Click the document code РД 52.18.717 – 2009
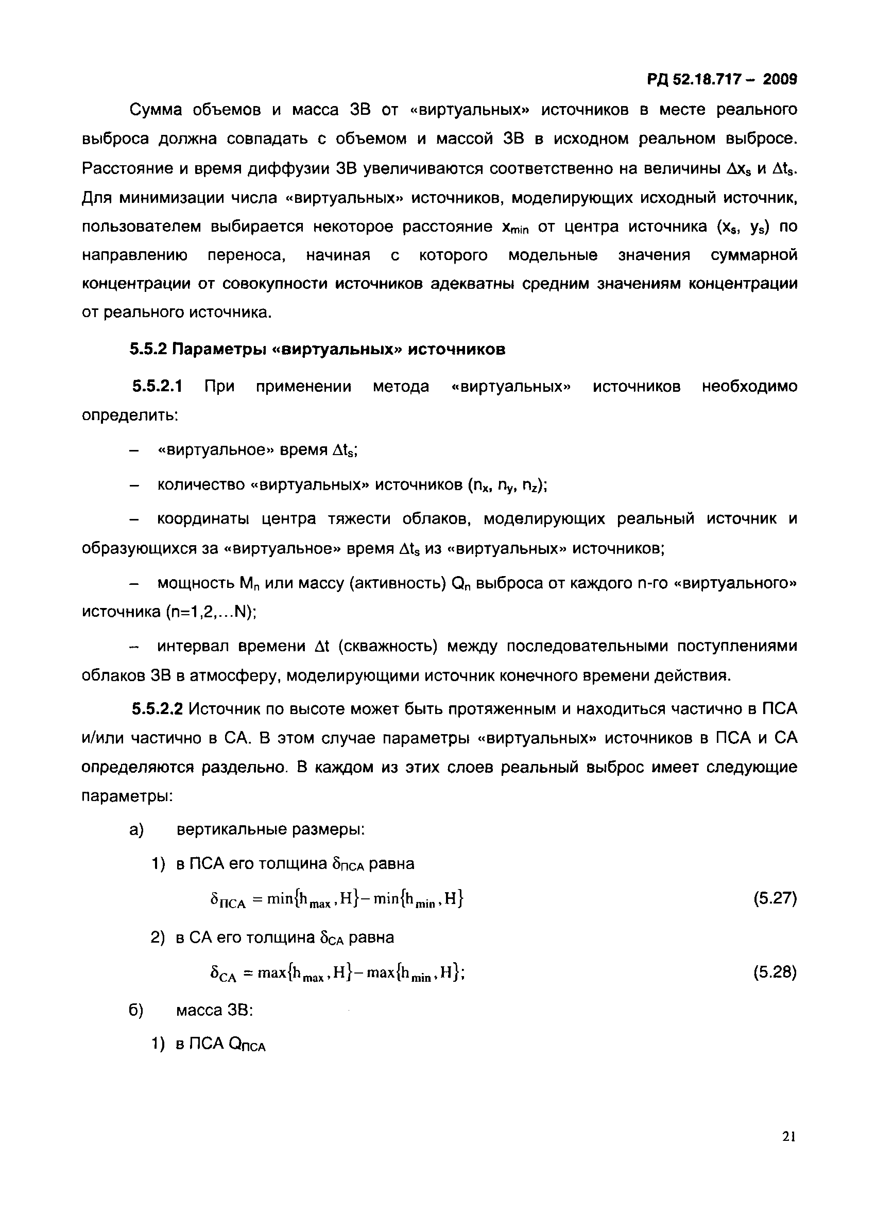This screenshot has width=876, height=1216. (722, 80)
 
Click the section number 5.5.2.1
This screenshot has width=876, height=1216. (157, 386)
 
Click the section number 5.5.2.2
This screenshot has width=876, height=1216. (157, 709)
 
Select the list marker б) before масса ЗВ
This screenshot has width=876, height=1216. (137, 1010)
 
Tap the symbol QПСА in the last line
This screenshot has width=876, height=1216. (247, 1045)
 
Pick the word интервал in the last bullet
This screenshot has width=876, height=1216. (193, 646)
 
